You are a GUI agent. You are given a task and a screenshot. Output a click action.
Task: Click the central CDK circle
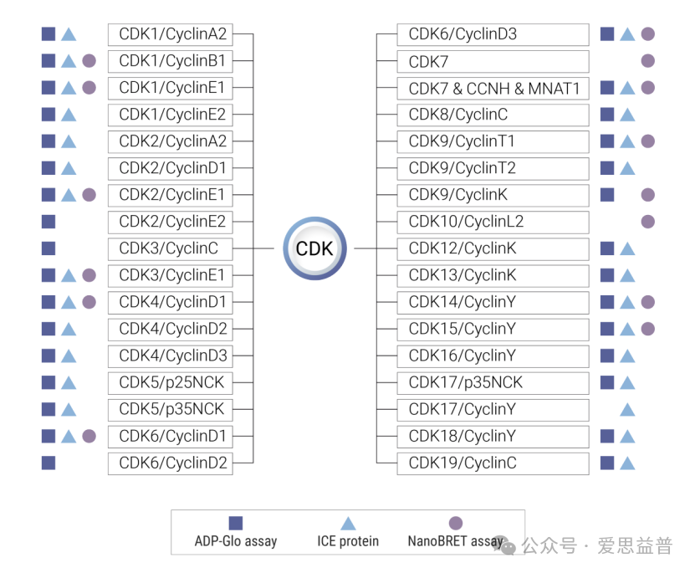click(x=314, y=248)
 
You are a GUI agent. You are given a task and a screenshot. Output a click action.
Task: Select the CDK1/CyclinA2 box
click(x=171, y=34)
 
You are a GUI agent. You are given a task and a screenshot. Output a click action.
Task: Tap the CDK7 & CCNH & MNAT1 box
click(x=493, y=88)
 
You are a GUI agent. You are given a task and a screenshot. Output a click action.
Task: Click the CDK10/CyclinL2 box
click(x=493, y=222)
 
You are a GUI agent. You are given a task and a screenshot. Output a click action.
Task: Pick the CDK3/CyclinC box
click(x=171, y=248)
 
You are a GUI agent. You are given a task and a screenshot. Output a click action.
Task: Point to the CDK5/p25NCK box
click(x=171, y=382)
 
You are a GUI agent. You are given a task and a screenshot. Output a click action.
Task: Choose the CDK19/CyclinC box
click(x=493, y=463)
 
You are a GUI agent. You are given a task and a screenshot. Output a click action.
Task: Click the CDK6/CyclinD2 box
click(x=171, y=463)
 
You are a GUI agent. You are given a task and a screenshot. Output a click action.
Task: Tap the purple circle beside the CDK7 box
click(x=647, y=61)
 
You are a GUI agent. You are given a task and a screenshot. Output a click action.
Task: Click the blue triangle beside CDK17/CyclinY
click(x=627, y=409)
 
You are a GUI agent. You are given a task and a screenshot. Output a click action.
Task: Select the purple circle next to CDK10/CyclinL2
click(x=647, y=222)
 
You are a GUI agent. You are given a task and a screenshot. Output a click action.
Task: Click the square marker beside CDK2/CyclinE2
click(x=49, y=222)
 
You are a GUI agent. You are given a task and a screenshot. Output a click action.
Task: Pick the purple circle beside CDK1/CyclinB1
click(x=89, y=61)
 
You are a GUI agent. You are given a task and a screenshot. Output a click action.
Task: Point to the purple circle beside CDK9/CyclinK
click(x=647, y=195)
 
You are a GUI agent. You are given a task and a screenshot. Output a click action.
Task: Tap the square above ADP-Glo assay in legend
click(x=236, y=523)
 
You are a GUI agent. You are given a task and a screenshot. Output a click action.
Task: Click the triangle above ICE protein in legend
click(x=348, y=523)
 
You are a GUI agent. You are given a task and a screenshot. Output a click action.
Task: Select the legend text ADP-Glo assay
click(x=236, y=541)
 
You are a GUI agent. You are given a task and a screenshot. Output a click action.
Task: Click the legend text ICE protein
click(x=348, y=541)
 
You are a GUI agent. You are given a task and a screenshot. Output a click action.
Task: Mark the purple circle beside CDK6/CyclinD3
click(x=647, y=34)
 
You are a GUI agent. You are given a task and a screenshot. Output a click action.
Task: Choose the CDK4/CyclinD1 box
click(x=171, y=302)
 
